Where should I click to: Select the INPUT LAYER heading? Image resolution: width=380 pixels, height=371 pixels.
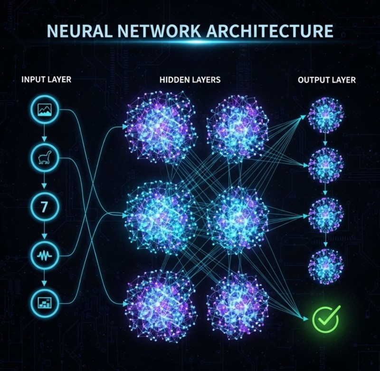click(47, 79)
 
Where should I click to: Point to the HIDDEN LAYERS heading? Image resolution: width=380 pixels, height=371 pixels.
click(190, 80)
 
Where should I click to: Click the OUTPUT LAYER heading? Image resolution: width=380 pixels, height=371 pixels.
click(326, 80)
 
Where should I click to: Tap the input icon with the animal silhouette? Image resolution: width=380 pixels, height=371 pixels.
click(45, 159)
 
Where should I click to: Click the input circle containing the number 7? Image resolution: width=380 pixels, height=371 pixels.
click(45, 207)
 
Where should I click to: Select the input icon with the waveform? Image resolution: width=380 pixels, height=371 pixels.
click(45, 255)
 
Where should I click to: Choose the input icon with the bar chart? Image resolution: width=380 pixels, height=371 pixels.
click(45, 302)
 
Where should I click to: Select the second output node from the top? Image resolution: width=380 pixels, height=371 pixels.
click(325, 166)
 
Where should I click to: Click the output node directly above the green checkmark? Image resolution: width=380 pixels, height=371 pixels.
click(325, 265)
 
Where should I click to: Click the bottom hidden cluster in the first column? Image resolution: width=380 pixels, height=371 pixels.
click(161, 305)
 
